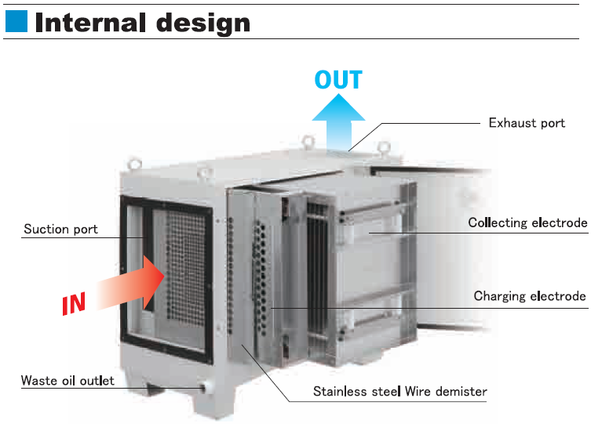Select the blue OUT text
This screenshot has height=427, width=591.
(338, 80)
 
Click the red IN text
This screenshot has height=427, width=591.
(75, 302)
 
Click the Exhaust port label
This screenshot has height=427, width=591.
(527, 123)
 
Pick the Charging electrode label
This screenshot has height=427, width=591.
(530, 297)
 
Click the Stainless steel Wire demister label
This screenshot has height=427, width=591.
(400, 391)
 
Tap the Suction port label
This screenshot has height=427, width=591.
(60, 230)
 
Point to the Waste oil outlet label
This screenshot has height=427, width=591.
(67, 382)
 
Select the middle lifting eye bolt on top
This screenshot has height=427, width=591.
(308, 142)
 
